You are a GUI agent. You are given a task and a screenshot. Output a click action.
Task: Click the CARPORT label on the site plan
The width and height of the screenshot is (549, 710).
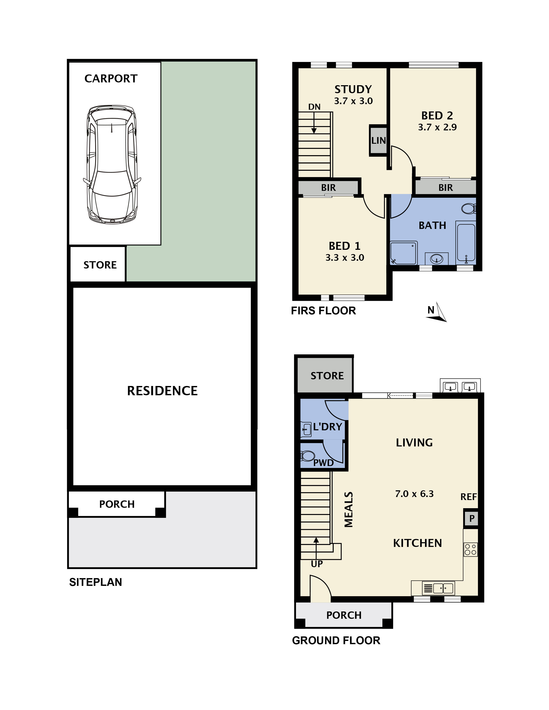111,79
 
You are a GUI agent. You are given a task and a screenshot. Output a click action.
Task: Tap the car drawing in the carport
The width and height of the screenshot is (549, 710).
112,164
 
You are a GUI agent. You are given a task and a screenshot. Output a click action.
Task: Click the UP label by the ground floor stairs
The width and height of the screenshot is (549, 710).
316,564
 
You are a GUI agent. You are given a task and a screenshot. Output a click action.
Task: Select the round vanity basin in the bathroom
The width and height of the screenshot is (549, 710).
436,259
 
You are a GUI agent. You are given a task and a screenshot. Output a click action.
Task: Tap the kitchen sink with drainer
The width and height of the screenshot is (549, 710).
438,588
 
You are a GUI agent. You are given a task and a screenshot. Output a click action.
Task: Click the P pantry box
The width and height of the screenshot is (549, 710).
471,518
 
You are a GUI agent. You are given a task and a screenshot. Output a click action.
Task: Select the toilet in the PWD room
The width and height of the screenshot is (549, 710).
308,455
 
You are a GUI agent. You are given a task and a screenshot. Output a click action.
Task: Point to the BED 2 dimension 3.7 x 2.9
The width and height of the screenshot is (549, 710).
437,127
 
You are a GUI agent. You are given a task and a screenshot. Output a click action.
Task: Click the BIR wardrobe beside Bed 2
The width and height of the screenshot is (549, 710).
445,188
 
